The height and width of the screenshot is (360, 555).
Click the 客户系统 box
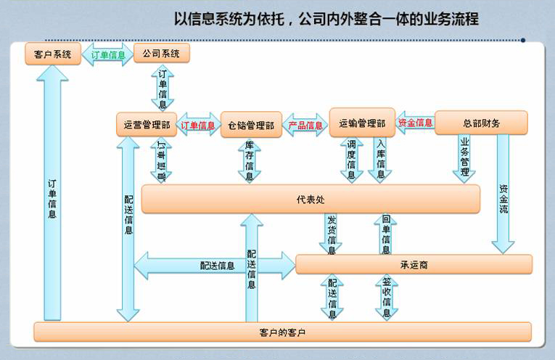point(52,54)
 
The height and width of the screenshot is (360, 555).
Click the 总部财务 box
point(481,123)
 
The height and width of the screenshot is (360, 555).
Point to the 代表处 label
point(311,199)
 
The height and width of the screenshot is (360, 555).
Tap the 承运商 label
point(414,264)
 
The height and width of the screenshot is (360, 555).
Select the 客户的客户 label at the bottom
point(282,332)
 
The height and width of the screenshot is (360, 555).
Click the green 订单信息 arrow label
point(107,54)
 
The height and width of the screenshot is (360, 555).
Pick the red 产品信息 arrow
point(305,125)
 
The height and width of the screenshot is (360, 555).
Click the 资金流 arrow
point(503,196)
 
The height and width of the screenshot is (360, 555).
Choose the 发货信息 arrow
point(332,234)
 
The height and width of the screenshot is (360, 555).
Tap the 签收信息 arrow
point(386,298)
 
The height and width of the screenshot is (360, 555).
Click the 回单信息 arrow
point(386,234)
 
